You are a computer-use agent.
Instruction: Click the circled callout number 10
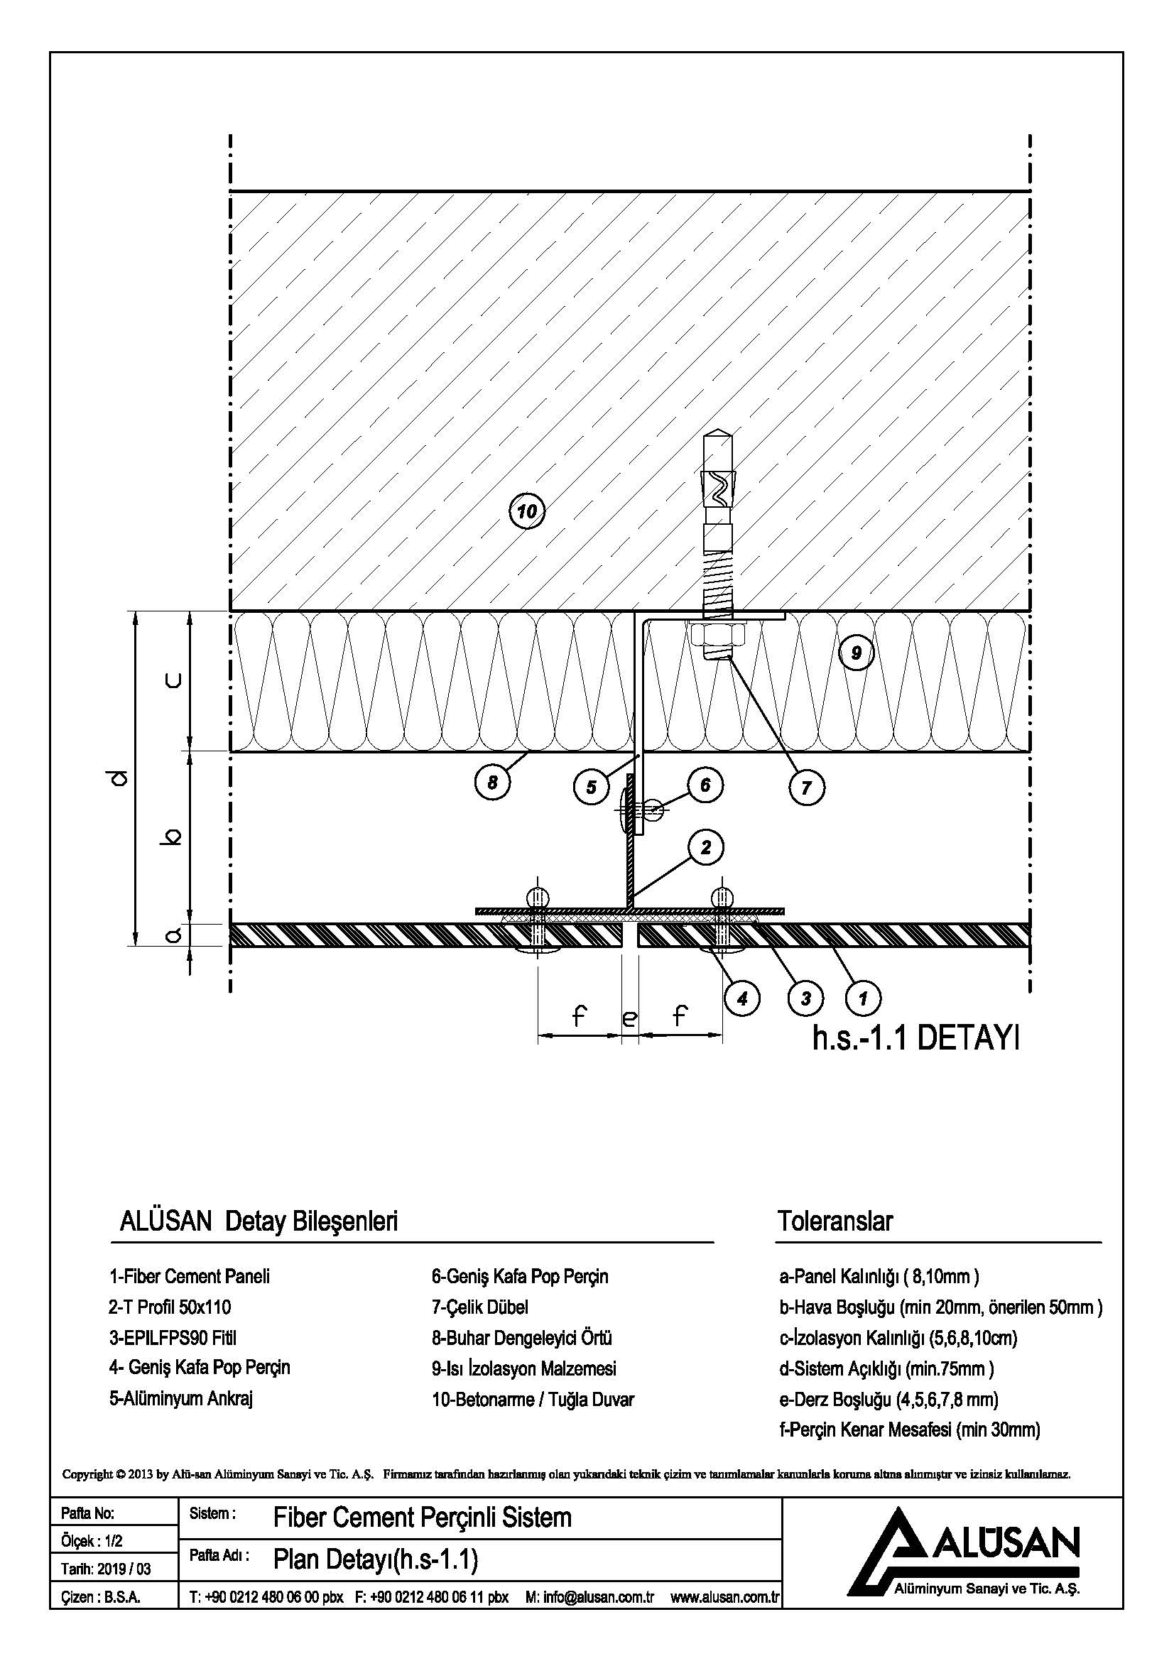click(526, 512)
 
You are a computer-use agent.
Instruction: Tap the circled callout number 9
click(856, 653)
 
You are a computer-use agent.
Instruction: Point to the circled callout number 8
click(493, 783)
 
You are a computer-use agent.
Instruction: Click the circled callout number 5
click(591, 786)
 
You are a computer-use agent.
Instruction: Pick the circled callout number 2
click(706, 847)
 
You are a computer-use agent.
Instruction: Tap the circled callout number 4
click(742, 999)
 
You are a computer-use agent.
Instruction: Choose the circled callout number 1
click(862, 999)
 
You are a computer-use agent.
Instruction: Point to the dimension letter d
click(120, 778)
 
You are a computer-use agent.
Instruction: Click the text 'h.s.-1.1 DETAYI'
click(915, 1040)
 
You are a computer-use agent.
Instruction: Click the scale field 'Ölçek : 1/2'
click(92, 1542)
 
